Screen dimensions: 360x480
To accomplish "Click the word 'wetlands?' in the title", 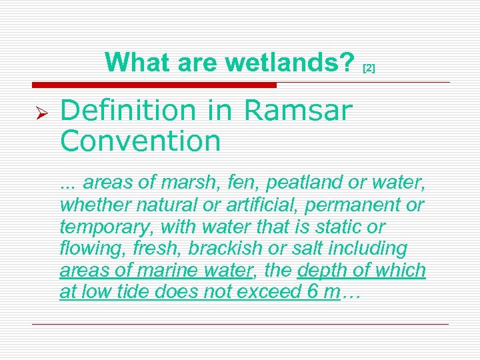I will point(289,63).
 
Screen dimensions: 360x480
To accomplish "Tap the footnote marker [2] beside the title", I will point(369,68).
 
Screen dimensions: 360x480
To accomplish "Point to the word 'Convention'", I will point(140,141).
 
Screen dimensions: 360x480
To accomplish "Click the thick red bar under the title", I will point(153,85).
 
